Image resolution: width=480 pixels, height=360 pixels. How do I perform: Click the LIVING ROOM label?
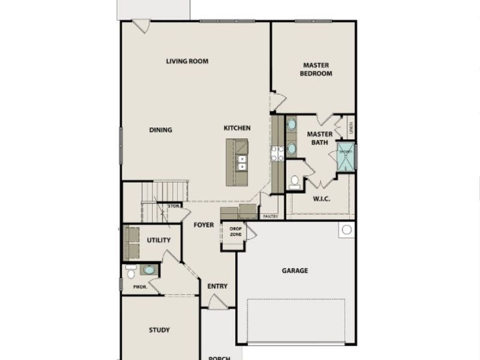(x=187, y=61)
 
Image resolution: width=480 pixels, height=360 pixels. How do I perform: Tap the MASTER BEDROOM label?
(x=317, y=69)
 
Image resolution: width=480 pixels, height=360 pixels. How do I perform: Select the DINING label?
(x=161, y=130)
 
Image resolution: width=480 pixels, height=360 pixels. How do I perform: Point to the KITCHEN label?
(x=237, y=128)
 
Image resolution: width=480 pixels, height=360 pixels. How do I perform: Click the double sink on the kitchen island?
(x=241, y=163)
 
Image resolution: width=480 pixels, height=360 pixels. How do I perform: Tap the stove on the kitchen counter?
(x=277, y=154)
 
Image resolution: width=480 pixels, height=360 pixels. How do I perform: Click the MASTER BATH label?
(x=320, y=138)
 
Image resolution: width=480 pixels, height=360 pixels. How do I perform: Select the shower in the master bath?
(x=345, y=157)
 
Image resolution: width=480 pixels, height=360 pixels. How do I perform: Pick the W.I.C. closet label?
(x=322, y=199)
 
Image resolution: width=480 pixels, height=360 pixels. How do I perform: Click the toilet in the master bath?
(x=294, y=183)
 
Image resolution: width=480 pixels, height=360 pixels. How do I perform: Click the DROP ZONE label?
(x=236, y=231)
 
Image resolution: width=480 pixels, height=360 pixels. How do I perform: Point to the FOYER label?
(x=203, y=225)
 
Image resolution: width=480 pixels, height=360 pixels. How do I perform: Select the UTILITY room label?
(x=159, y=240)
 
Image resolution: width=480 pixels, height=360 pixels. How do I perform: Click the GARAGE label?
(x=295, y=271)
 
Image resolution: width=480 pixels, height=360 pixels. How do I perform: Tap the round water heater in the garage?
(x=346, y=230)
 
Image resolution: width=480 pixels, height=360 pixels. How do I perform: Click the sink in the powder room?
(x=149, y=270)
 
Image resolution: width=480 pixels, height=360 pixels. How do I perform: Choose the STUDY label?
(x=159, y=330)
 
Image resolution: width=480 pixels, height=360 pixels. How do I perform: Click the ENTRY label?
(x=217, y=286)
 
